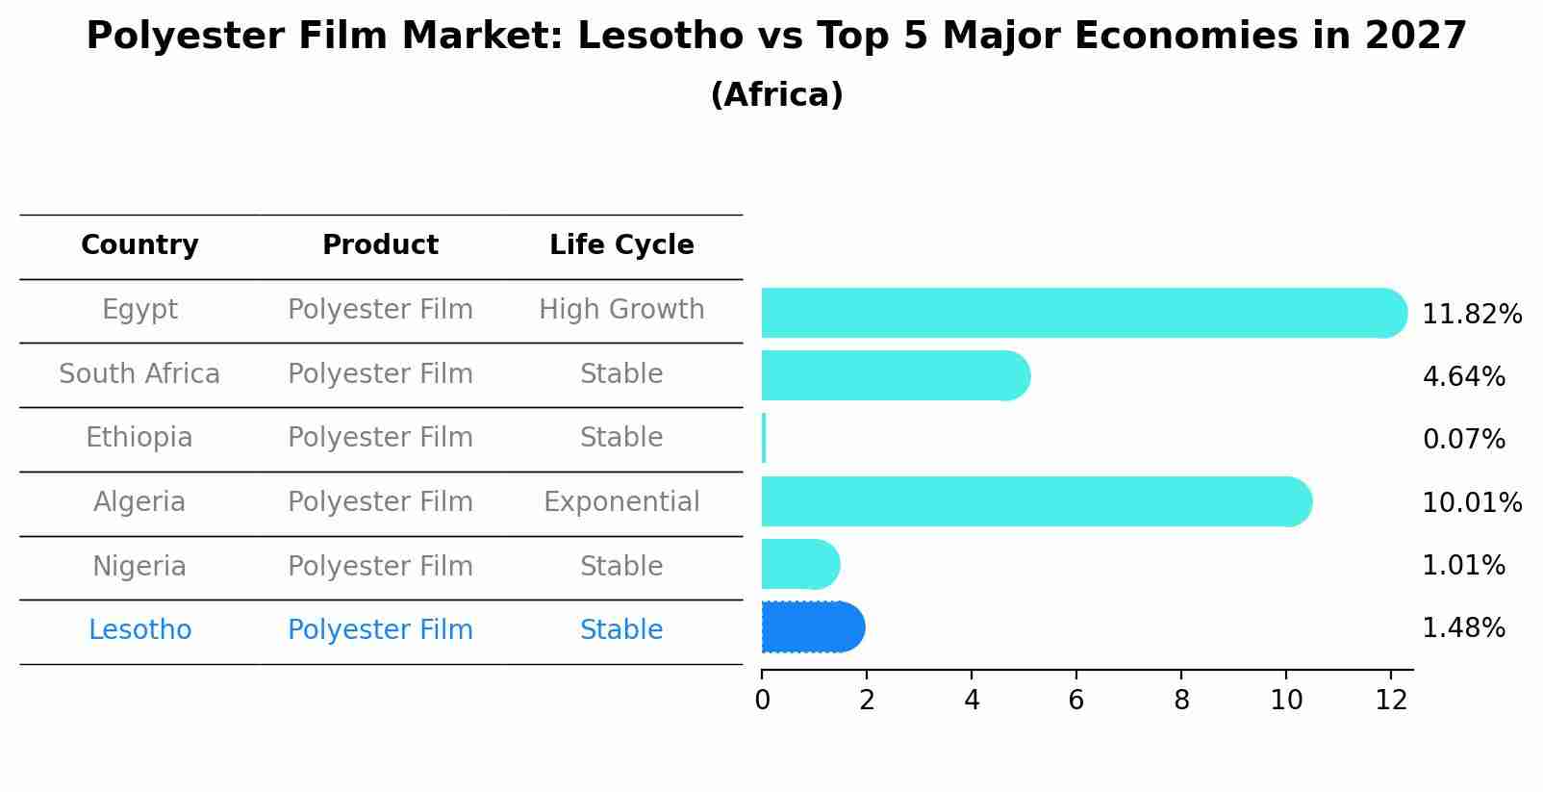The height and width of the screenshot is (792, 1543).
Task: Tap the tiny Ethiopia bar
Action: pos(764,439)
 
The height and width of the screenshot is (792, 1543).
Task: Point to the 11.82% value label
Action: pos(1471,315)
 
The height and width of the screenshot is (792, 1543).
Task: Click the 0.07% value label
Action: pos(1463,440)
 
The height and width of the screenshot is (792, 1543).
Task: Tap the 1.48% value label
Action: pos(1463,628)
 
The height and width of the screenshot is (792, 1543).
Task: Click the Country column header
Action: pos(139,245)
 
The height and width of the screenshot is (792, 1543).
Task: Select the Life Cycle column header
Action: pos(621,245)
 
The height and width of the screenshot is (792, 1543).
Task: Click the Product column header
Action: pos(380,245)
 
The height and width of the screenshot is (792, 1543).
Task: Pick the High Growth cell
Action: pos(621,310)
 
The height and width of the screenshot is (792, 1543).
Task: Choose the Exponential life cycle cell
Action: pos(621,502)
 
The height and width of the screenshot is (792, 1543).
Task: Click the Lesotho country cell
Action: pos(139,630)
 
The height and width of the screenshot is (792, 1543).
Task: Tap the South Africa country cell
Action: pos(139,374)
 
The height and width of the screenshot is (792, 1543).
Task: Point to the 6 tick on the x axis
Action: pos(1075,701)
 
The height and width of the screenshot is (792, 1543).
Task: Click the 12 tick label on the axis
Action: pos(1391,701)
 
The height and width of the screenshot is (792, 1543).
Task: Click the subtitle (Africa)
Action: pos(776,95)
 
